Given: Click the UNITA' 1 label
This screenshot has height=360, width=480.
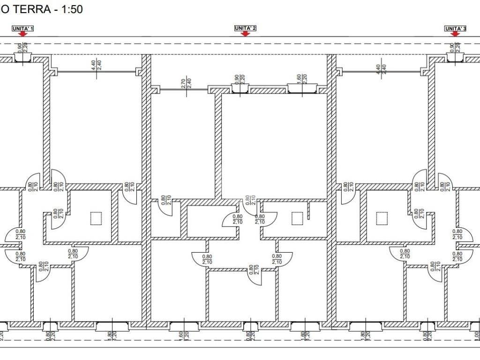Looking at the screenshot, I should (x=23, y=29).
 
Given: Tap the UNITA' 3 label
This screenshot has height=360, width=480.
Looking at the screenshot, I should (x=455, y=29).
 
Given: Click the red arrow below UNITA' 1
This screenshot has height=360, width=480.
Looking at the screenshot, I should (x=23, y=34).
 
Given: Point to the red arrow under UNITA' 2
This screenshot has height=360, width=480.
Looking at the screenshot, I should (x=245, y=34).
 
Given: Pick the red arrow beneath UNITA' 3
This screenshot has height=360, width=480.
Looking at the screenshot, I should (x=455, y=34).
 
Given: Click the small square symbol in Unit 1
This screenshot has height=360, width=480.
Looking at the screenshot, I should (x=96, y=218).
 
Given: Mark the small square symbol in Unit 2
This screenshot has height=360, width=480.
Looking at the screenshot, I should (x=297, y=218).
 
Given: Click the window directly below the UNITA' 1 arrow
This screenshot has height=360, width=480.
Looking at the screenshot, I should (x=22, y=58).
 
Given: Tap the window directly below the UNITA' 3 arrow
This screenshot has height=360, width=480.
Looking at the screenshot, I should (x=455, y=58).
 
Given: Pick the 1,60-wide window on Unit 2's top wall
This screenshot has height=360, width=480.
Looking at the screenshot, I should (x=301, y=89).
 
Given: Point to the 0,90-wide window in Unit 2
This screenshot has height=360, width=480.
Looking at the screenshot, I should (x=239, y=89).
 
